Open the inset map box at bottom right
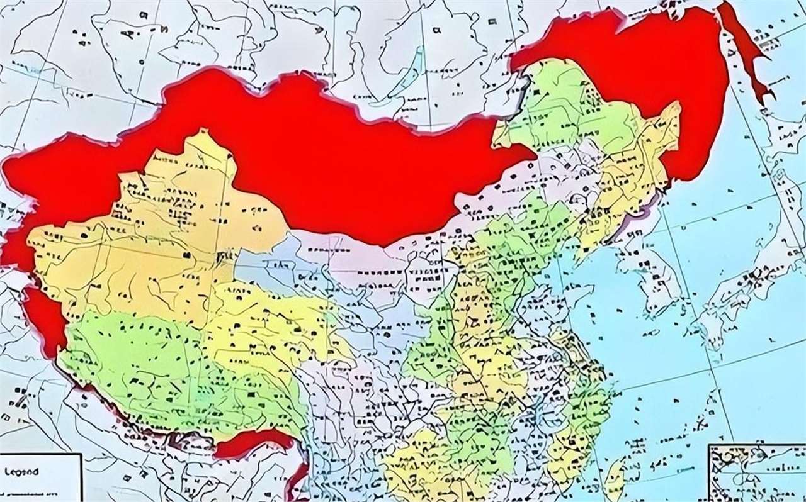tap(756, 472)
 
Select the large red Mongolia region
tap(327, 157)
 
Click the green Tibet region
tap(157, 371)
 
